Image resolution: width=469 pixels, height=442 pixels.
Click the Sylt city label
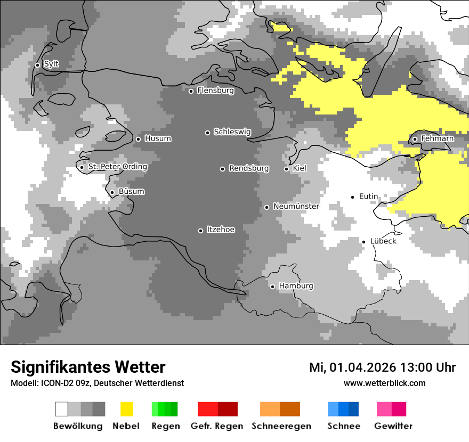tap(51, 64)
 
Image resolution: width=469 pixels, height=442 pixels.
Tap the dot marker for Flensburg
tap(191, 91)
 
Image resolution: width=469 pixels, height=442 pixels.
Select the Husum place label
tap(158, 138)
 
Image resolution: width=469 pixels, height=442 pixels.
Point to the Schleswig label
tap(232, 132)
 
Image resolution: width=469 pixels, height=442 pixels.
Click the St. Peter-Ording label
tap(117, 167)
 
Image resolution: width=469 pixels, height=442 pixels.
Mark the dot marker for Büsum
tap(112, 193)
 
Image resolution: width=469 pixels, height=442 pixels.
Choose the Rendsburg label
tap(248, 168)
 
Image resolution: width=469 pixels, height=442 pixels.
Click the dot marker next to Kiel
tap(286, 169)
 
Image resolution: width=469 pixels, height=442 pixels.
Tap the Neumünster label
tap(296, 206)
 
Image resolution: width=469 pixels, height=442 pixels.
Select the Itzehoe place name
tap(220, 230)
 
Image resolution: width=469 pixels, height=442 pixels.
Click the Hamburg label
tap(296, 286)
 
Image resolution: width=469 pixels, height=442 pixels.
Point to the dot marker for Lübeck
tap(363, 242)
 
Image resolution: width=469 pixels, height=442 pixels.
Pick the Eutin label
tap(368, 197)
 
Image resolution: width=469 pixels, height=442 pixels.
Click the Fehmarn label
tap(437, 138)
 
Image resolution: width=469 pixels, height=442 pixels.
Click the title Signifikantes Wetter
tap(88, 367)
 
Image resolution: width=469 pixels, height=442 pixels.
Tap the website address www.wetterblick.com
tap(384, 383)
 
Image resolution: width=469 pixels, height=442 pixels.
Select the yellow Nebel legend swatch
tap(126, 409)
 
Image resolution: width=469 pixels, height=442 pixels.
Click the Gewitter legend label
tap(393, 426)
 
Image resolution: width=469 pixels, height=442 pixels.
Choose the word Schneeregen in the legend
tap(281, 426)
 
